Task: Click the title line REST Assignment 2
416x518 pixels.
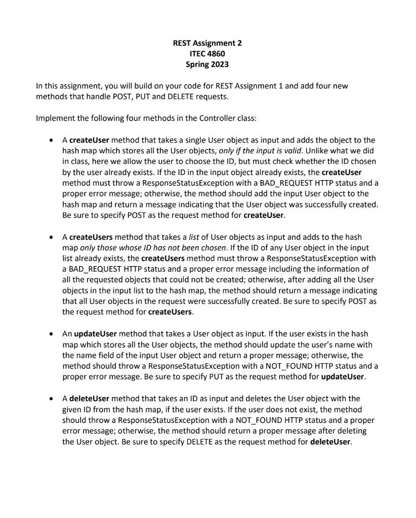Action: click(x=207, y=43)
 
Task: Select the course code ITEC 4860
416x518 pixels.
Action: click(x=207, y=54)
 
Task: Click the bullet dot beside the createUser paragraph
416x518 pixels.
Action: click(x=51, y=140)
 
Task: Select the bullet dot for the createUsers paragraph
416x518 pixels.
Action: click(x=51, y=237)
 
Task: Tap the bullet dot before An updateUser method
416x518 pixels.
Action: click(x=51, y=334)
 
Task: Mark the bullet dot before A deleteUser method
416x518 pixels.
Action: click(x=51, y=399)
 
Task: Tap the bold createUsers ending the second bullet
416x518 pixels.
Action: click(x=170, y=312)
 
